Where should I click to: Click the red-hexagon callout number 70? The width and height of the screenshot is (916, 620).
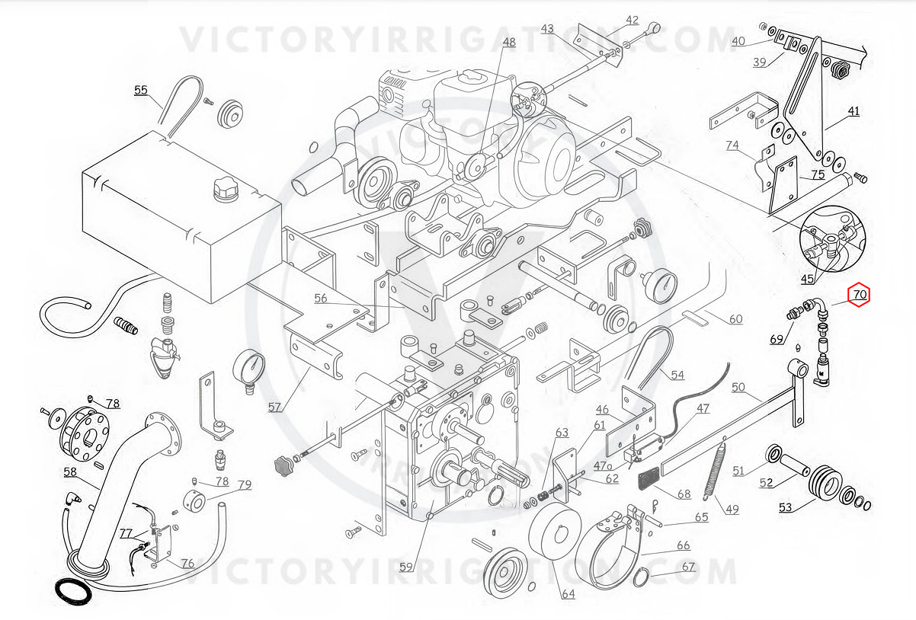tap(860, 294)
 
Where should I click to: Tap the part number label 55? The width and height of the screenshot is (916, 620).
tap(141, 90)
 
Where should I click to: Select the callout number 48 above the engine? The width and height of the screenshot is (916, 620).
tap(508, 43)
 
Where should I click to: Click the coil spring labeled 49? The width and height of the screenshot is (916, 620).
tap(717, 471)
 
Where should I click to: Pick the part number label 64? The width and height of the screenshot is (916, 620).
tap(568, 593)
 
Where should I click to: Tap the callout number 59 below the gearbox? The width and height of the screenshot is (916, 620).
tap(406, 567)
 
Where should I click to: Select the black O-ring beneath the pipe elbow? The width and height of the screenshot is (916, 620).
tap(75, 590)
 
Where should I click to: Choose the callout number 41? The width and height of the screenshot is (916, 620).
tap(854, 111)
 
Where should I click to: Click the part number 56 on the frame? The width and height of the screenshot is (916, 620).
tap(321, 299)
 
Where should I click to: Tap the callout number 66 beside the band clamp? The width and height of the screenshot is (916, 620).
tap(684, 545)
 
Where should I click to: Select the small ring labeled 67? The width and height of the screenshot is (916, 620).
tap(640, 577)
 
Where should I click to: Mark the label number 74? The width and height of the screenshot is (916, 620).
tap(732, 145)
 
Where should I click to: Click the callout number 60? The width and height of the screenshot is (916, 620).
tap(735, 318)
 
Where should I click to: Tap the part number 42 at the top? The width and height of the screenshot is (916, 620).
tap(633, 20)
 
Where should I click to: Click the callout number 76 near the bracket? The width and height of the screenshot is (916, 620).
tap(187, 564)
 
